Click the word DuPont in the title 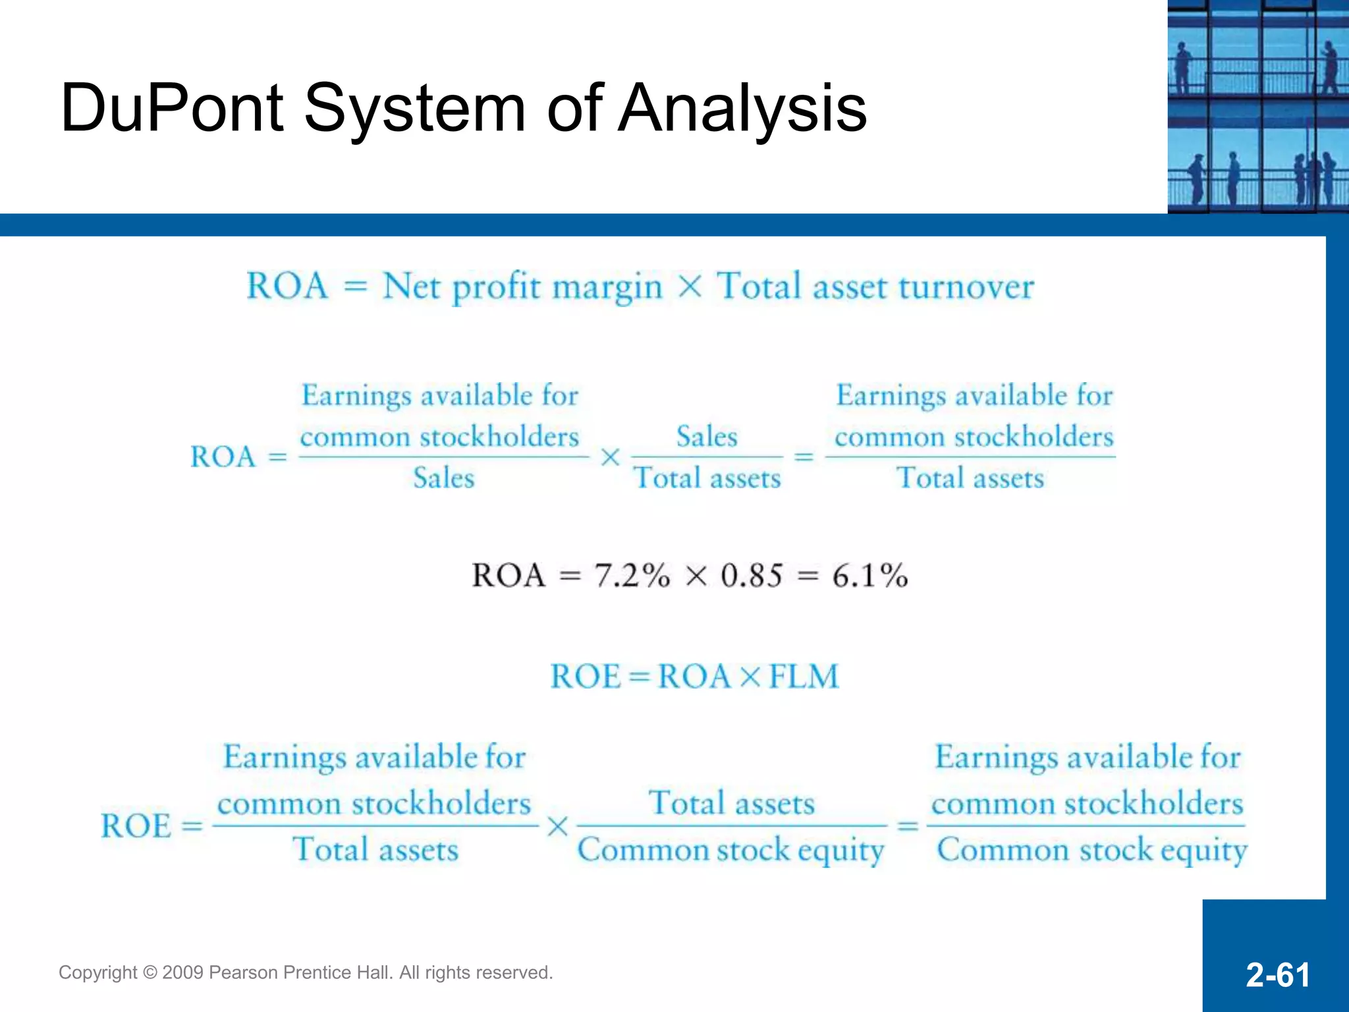click(x=173, y=109)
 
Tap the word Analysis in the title click(x=742, y=109)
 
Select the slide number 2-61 click(x=1277, y=974)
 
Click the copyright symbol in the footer click(x=150, y=973)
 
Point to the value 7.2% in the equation click(x=632, y=575)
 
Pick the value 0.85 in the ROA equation click(x=752, y=575)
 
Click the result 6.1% click(x=869, y=575)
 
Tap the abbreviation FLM click(x=804, y=677)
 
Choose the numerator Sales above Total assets click(x=707, y=437)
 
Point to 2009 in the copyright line click(x=182, y=973)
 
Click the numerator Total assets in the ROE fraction click(x=732, y=803)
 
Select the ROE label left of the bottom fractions click(x=136, y=826)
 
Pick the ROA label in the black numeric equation click(x=509, y=575)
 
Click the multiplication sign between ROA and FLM click(x=750, y=677)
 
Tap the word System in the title click(x=414, y=109)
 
